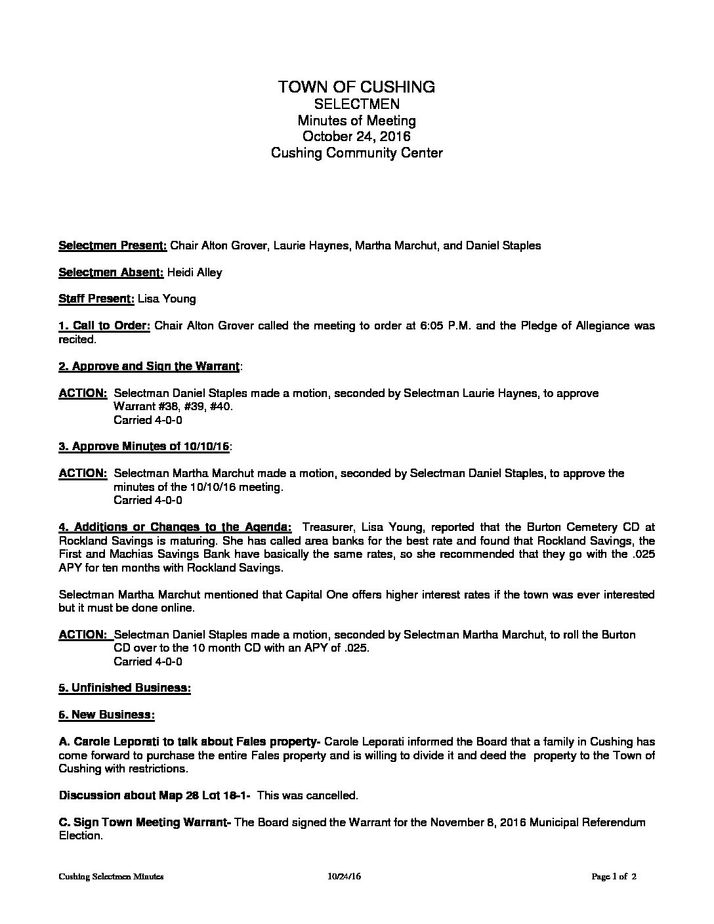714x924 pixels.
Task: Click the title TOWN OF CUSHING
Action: [x=356, y=87]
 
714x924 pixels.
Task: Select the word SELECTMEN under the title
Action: [x=356, y=104]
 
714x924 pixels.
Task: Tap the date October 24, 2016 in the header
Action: [x=356, y=136]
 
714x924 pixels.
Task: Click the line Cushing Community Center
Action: [x=356, y=153]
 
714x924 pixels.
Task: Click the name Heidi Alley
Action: [x=194, y=272]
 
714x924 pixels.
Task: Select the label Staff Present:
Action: [x=96, y=299]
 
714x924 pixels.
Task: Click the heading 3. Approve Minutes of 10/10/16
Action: [x=144, y=446]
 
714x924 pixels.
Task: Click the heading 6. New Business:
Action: [x=106, y=715]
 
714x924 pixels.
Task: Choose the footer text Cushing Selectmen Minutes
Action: [x=111, y=877]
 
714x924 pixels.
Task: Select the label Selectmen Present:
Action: [x=113, y=246]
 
